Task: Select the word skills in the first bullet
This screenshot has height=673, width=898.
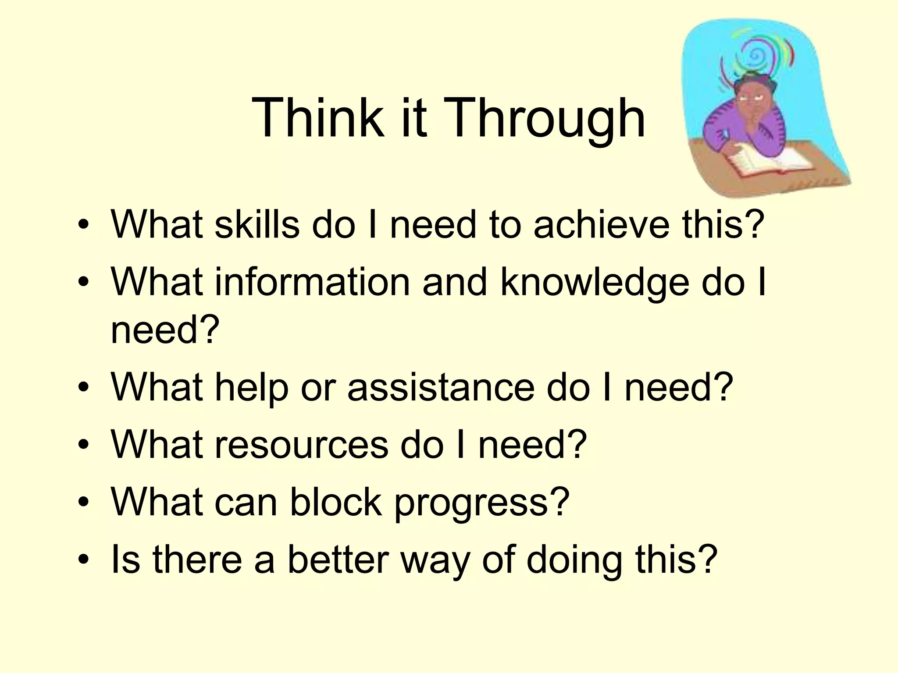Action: [257, 224]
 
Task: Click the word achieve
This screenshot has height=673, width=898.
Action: [601, 224]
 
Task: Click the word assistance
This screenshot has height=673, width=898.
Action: [441, 387]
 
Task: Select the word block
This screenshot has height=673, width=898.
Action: [335, 502]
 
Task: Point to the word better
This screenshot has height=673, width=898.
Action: [338, 559]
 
